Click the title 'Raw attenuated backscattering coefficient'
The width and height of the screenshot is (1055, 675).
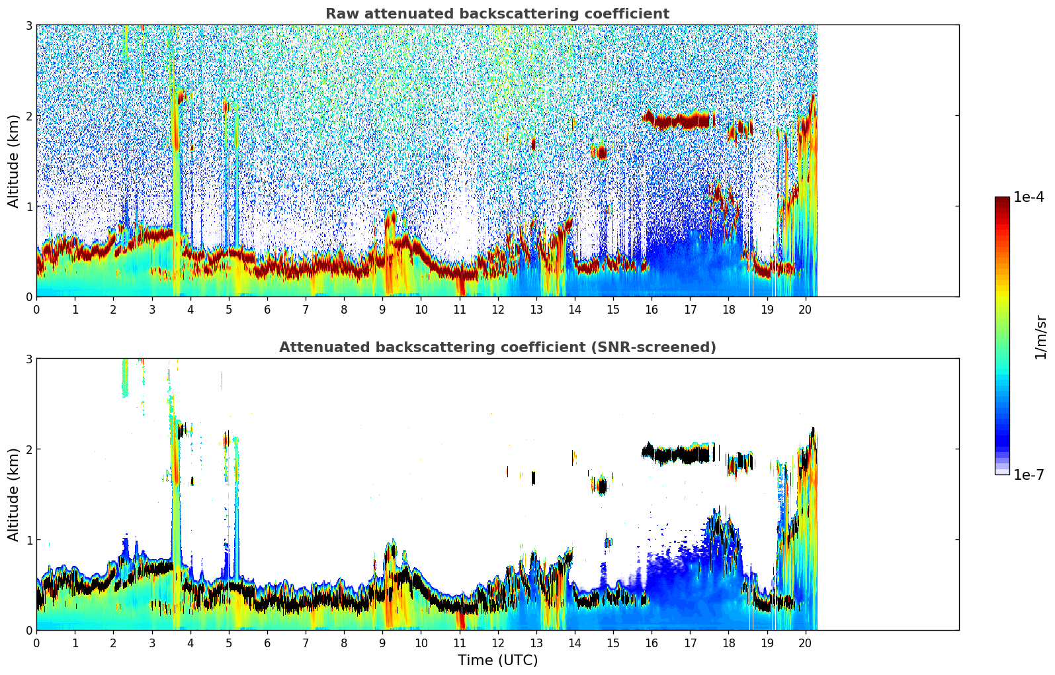coord(497,14)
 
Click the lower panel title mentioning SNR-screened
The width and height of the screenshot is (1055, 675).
coord(497,347)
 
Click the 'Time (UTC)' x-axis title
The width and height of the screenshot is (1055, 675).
coord(497,660)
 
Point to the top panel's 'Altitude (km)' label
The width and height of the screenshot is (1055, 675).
coord(14,161)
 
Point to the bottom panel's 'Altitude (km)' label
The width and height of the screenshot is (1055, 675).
coord(14,494)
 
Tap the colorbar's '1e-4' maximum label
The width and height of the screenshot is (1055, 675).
coord(1029,197)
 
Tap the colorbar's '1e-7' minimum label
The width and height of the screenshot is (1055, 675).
coord(1029,474)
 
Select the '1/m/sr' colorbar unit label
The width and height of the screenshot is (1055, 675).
coord(1040,337)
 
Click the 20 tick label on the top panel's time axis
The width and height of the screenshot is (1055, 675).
coord(805,309)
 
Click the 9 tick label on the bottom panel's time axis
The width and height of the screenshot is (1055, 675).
coord(382,643)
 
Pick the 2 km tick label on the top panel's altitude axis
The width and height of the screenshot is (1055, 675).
coord(28,116)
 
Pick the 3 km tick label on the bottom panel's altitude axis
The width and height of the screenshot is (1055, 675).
coord(28,359)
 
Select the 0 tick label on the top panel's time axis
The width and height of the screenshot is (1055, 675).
coord(36,309)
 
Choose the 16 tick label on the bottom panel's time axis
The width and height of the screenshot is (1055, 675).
coord(652,643)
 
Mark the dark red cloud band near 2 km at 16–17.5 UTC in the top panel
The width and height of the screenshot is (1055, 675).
coord(678,121)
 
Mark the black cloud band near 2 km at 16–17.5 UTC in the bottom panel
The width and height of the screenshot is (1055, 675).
coord(678,455)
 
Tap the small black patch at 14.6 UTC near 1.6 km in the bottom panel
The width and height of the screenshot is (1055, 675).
coord(601,487)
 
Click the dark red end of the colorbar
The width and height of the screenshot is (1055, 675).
coord(1002,201)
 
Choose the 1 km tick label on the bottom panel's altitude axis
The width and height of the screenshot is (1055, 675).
coord(28,540)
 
